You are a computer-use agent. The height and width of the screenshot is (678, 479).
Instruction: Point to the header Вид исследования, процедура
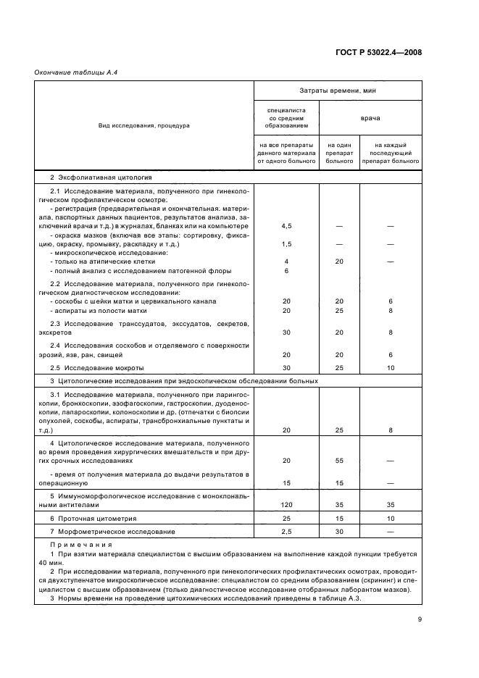[x=144, y=125]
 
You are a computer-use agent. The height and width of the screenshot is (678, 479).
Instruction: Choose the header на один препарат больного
[x=339, y=153]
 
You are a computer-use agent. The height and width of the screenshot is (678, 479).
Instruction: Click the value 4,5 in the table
[x=286, y=226]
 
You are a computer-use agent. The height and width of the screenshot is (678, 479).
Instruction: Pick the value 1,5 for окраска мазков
[x=286, y=244]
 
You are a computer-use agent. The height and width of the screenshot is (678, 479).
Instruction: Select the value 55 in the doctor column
[x=339, y=460]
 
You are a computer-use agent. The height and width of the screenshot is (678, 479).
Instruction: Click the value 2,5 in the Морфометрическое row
[x=286, y=532]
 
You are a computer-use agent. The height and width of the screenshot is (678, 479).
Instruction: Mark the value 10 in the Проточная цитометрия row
[x=391, y=519]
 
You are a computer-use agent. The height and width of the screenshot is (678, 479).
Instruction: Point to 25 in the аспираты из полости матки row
[x=339, y=310]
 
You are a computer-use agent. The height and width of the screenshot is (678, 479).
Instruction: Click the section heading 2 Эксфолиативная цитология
[x=90, y=177]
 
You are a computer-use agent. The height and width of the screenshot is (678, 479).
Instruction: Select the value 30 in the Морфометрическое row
[x=339, y=532]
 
